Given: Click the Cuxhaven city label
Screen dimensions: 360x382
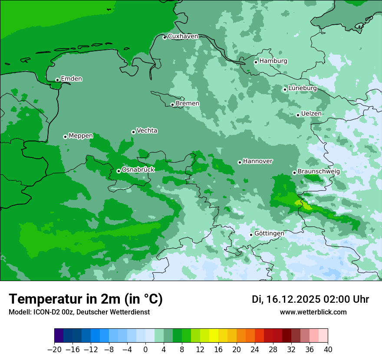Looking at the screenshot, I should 183,36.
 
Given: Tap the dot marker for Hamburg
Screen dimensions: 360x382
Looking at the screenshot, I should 256,62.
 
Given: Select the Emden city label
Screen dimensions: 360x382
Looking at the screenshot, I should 71,79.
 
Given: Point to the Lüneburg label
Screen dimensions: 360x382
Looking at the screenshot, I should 302,88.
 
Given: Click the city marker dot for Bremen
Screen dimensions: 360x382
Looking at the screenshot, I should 172,105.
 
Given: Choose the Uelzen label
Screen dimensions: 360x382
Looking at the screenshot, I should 311,114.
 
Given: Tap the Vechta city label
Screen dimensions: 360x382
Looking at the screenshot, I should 147,131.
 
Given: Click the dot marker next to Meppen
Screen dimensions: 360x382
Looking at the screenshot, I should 65,137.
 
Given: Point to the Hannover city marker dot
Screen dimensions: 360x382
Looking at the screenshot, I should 240,162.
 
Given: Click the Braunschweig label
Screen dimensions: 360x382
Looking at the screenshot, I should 319,171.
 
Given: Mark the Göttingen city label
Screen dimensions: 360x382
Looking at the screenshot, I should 269,233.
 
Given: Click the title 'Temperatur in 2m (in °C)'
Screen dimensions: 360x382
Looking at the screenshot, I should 86,299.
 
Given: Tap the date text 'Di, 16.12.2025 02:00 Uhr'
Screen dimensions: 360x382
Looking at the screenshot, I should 310,299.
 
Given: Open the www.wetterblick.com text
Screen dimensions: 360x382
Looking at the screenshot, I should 313,312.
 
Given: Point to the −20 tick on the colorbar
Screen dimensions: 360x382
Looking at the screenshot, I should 55,350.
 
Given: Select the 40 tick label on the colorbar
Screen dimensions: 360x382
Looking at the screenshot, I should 328,350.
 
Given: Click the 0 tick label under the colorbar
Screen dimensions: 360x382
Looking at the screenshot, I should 145,350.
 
